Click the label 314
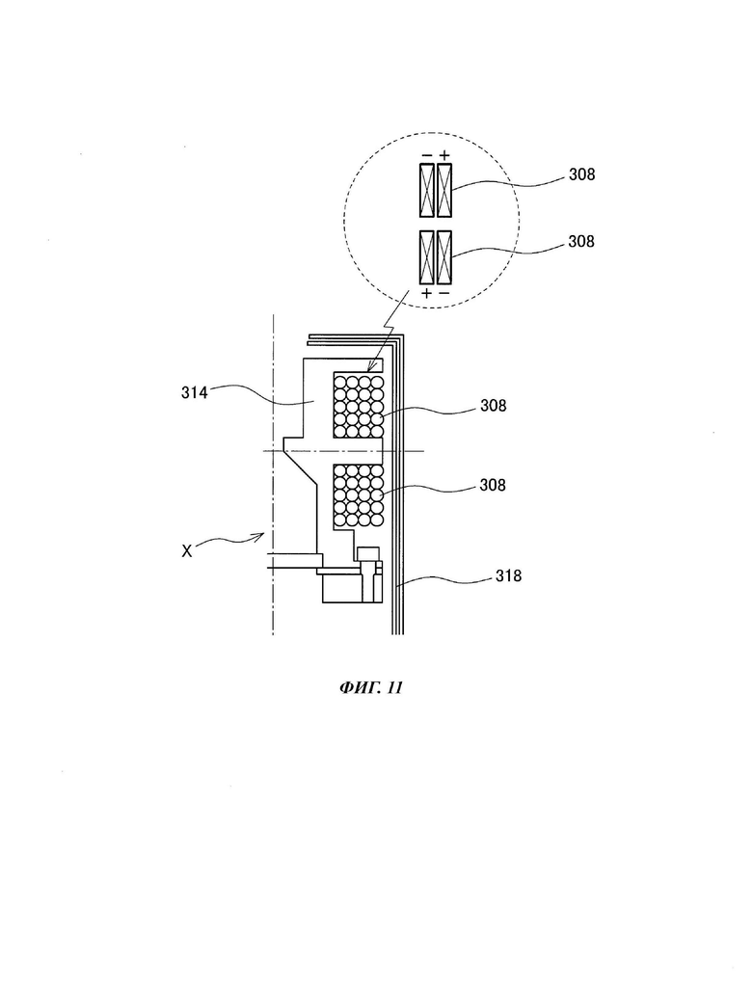194,393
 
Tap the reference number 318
508,575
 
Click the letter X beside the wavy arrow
187,551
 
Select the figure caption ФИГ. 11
371,687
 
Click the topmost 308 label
581,174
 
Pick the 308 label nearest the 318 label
493,485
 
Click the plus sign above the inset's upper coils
444,155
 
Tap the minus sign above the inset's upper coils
427,155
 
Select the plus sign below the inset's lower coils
427,293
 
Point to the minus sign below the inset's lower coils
444,293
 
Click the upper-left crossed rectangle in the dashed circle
427,190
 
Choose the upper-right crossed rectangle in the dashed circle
444,190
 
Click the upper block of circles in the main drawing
359,406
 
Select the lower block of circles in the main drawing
359,495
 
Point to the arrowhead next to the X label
258,536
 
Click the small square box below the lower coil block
368,554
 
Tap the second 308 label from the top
581,241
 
